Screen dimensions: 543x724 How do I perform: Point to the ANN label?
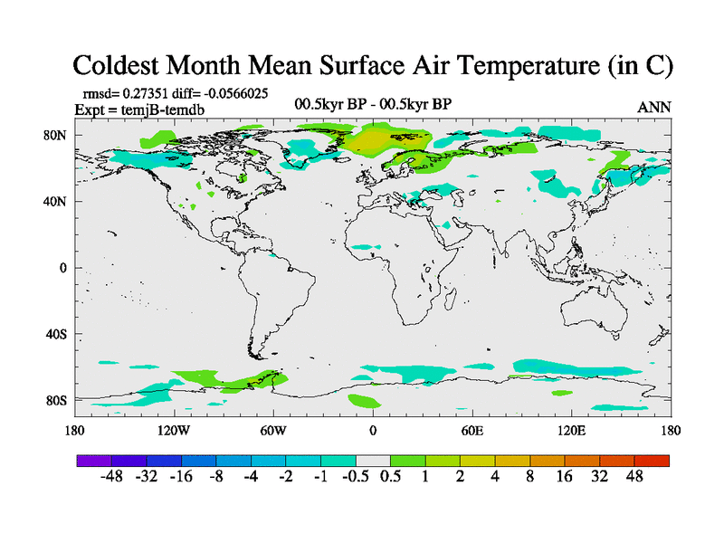coord(654,107)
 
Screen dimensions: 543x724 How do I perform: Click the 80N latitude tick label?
coord(56,135)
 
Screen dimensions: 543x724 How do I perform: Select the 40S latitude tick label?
coord(56,334)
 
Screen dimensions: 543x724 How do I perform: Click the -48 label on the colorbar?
coord(111,477)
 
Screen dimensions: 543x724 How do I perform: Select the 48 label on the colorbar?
coord(633,477)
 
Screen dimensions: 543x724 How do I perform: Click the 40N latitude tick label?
coord(56,201)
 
